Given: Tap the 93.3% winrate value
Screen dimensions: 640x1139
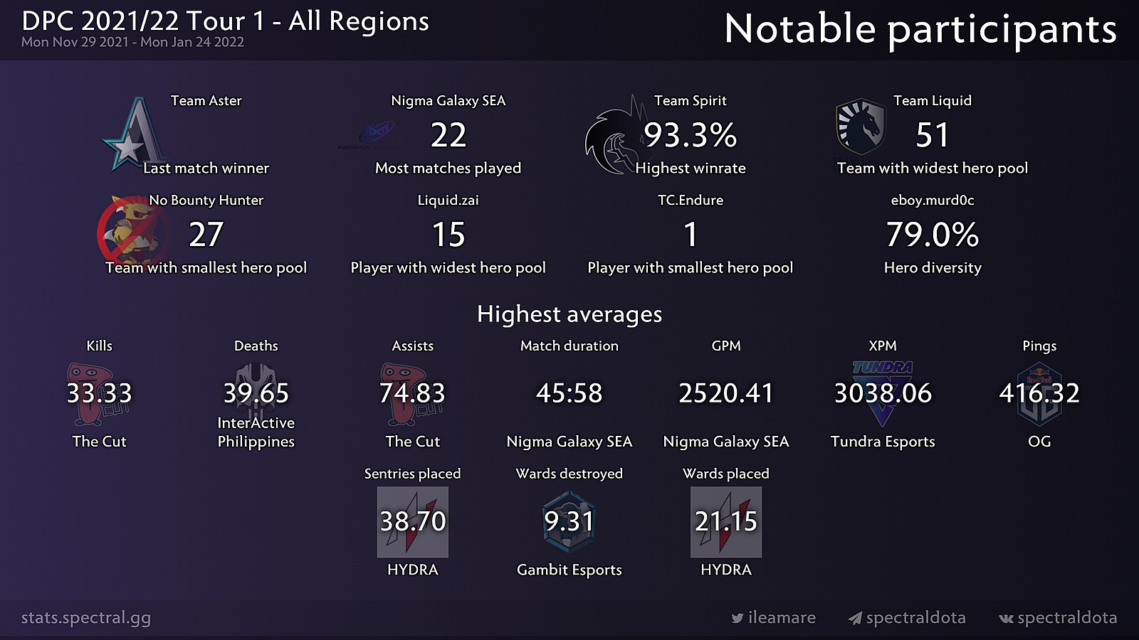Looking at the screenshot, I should [x=690, y=135].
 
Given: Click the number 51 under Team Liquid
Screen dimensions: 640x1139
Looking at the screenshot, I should [x=932, y=135].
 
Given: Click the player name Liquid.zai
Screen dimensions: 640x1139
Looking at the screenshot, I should [x=448, y=201].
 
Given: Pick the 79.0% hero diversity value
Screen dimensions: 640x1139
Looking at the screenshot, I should [x=932, y=235].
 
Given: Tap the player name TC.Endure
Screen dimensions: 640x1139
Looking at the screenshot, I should [x=690, y=201].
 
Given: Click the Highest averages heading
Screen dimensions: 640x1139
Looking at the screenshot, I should [x=569, y=314].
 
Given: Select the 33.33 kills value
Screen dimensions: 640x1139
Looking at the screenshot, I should [x=99, y=393].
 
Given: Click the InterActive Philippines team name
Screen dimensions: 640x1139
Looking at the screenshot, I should [x=256, y=432].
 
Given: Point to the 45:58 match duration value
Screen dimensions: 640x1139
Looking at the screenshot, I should [x=569, y=393].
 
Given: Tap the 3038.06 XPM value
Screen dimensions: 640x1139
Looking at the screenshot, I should [x=883, y=393].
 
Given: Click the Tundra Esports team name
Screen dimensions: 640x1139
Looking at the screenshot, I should [x=883, y=442].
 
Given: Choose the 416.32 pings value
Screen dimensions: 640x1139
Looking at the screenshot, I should [x=1039, y=393].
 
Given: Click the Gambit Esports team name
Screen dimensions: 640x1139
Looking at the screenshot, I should [x=569, y=570].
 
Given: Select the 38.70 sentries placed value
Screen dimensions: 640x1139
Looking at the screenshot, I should [x=413, y=521].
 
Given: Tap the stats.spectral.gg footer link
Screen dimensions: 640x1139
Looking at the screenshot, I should [x=86, y=618].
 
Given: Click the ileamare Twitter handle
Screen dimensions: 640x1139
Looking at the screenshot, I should [x=781, y=618].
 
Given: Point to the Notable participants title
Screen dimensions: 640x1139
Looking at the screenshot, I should [x=920, y=30].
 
